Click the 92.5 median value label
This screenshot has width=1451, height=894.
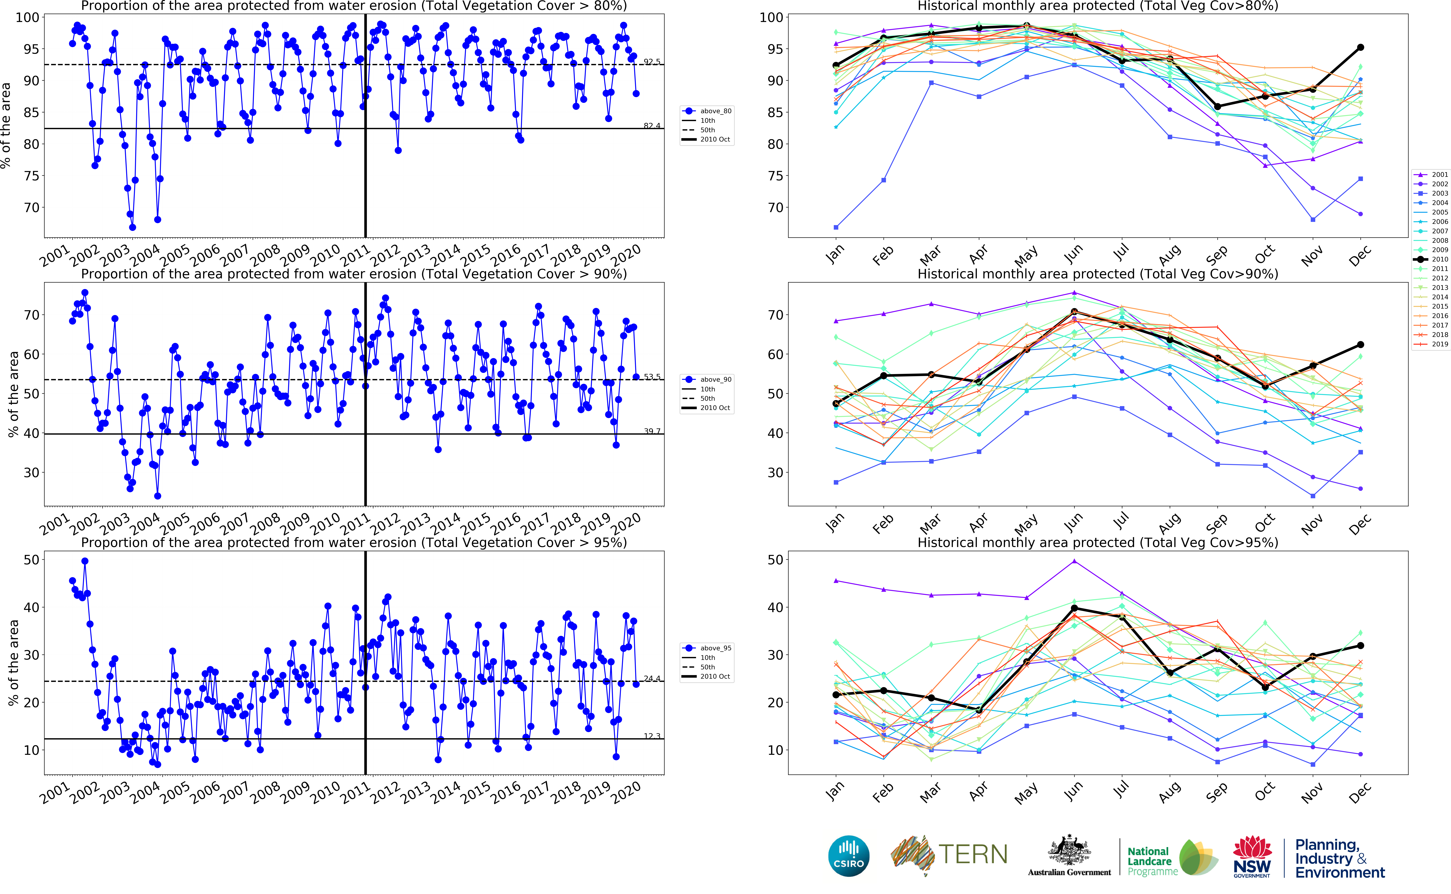(652, 61)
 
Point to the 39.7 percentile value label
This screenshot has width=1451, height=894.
(652, 431)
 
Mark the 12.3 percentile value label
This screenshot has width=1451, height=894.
(652, 736)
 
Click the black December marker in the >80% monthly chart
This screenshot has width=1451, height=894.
(1361, 47)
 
